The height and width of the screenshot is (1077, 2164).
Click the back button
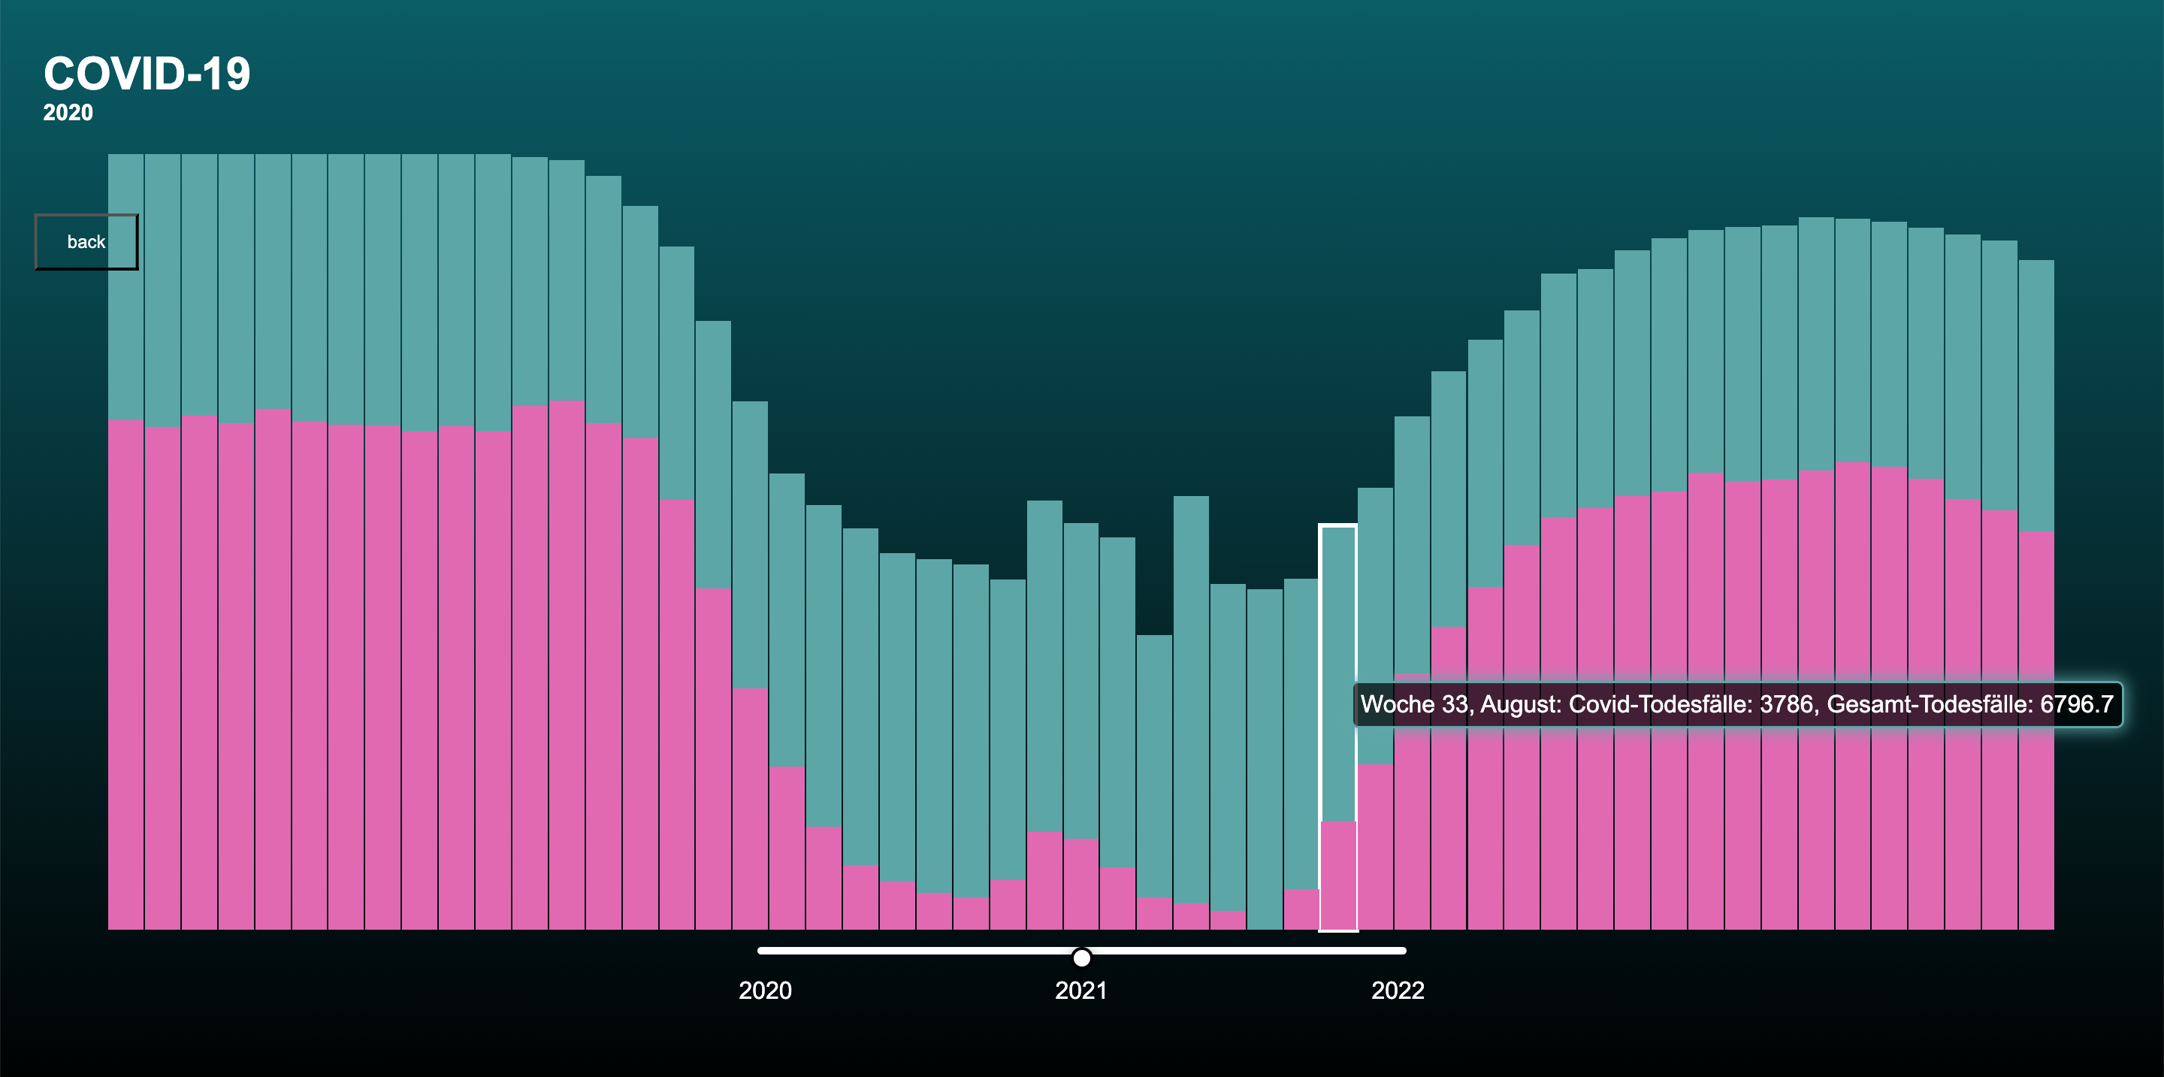pyautogui.click(x=86, y=242)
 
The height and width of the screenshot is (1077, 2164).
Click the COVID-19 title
pyautogui.click(x=147, y=74)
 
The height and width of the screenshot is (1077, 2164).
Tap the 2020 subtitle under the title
pyautogui.click(x=68, y=113)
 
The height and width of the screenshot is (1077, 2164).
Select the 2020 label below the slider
pyautogui.click(x=764, y=991)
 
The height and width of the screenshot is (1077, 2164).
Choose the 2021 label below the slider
pyautogui.click(x=1080, y=991)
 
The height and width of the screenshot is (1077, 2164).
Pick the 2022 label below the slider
pyautogui.click(x=1397, y=991)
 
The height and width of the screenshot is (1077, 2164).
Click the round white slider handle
pyautogui.click(x=1082, y=958)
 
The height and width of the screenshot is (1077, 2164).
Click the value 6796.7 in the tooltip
pyautogui.click(x=2076, y=704)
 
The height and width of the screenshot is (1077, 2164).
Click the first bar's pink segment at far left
pyautogui.click(x=126, y=672)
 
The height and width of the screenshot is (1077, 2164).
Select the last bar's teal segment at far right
pyautogui.click(x=2036, y=395)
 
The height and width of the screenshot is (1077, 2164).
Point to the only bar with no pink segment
pyautogui.click(x=1265, y=756)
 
